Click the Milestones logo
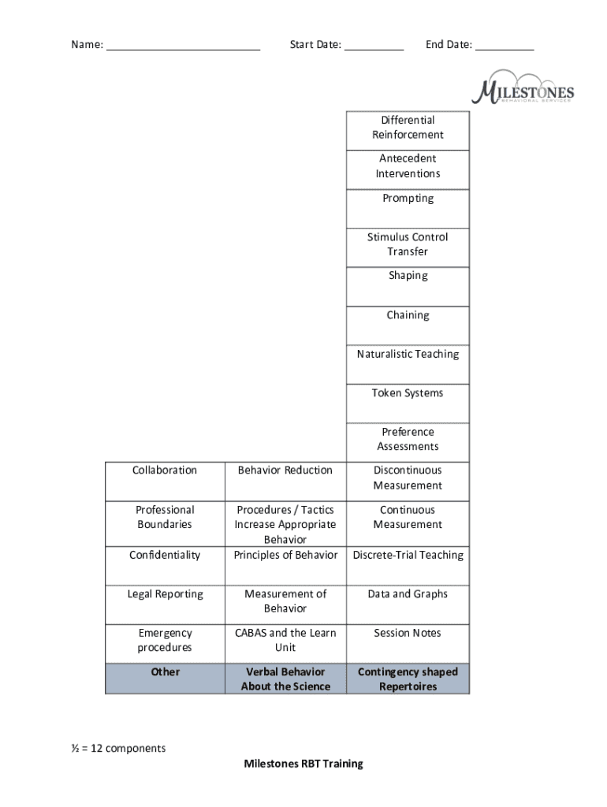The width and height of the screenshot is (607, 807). pyautogui.click(x=523, y=87)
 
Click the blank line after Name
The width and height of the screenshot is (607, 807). pyautogui.click(x=184, y=50)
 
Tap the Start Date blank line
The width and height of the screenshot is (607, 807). pyautogui.click(x=374, y=50)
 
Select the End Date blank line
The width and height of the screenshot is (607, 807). pyautogui.click(x=505, y=50)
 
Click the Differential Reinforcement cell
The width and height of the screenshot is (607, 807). pyautogui.click(x=408, y=131)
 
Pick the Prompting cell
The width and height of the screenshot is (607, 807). pyautogui.click(x=408, y=209)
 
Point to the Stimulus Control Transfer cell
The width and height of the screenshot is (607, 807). pyautogui.click(x=408, y=247)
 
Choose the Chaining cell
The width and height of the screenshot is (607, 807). pyautogui.click(x=408, y=325)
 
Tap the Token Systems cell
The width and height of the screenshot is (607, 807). pyautogui.click(x=408, y=403)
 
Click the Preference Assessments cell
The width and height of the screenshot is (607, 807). pyautogui.click(x=408, y=443)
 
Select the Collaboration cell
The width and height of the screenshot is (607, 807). pyautogui.click(x=166, y=482)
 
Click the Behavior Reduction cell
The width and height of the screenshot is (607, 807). pyautogui.click(x=285, y=482)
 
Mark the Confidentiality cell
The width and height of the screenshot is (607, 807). pyautogui.click(x=166, y=566)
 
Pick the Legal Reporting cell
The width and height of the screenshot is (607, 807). pyautogui.click(x=166, y=604)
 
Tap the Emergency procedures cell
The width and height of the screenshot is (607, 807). pyautogui.click(x=166, y=644)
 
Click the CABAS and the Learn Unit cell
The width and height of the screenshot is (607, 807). pyautogui.click(x=285, y=644)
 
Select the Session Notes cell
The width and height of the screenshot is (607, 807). pyautogui.click(x=408, y=644)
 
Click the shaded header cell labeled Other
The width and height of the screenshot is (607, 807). pyautogui.click(x=166, y=679)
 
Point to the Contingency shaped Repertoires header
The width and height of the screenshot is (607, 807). pyautogui.click(x=408, y=679)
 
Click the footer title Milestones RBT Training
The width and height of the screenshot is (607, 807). pyautogui.click(x=303, y=764)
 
